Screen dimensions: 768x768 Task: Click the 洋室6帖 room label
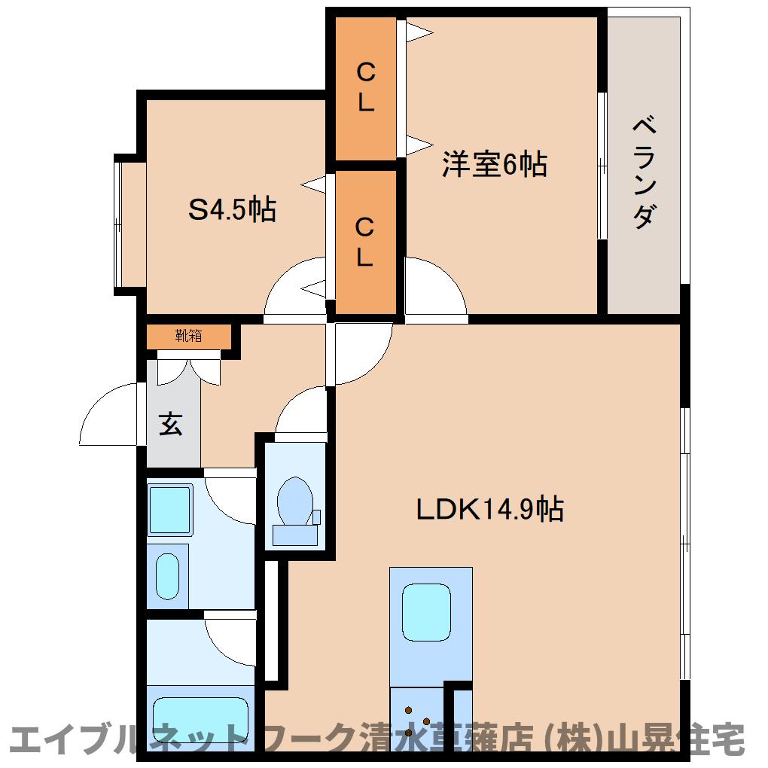494,164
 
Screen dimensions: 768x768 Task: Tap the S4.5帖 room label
232,209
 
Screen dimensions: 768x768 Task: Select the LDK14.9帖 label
489,509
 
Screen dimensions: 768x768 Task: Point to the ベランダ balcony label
644,172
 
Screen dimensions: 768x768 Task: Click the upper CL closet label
365,87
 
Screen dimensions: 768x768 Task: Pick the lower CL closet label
364,242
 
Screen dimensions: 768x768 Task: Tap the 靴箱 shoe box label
188,336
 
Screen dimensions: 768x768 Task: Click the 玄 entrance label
170,424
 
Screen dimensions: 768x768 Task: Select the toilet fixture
295,510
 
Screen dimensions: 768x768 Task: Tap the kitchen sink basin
426,611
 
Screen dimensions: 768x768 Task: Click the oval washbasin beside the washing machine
167,576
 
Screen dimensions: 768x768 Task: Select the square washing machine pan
170,510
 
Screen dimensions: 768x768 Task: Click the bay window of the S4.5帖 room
117,224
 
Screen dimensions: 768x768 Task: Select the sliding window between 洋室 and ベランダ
602,166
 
